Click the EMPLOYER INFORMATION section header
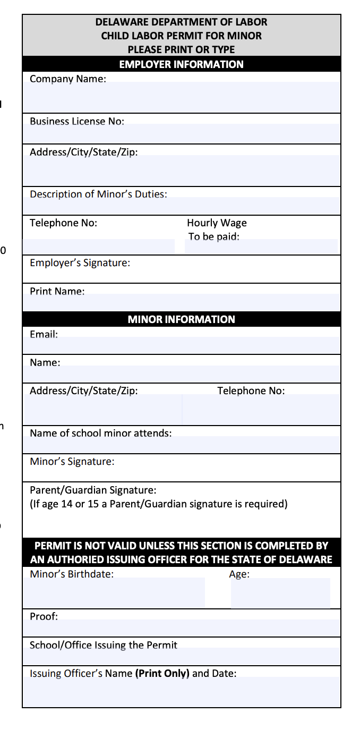pos(181,64)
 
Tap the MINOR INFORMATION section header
pos(181,319)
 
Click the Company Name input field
pos(181,97)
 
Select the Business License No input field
pos(181,134)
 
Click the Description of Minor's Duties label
pos(98,194)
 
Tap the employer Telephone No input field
pos(99,247)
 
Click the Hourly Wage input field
pos(261,247)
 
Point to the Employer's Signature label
pos(80,262)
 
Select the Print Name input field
pos(181,302)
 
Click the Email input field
pos(181,345)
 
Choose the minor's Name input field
pos(181,374)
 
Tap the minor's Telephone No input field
pos(261,409)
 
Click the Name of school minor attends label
pos(100,433)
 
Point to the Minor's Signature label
pos(72,461)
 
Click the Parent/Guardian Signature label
pos(93,490)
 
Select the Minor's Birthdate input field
pos(114,593)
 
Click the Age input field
pos(280,593)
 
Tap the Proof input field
pos(181,628)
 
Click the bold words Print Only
pos(162,673)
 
